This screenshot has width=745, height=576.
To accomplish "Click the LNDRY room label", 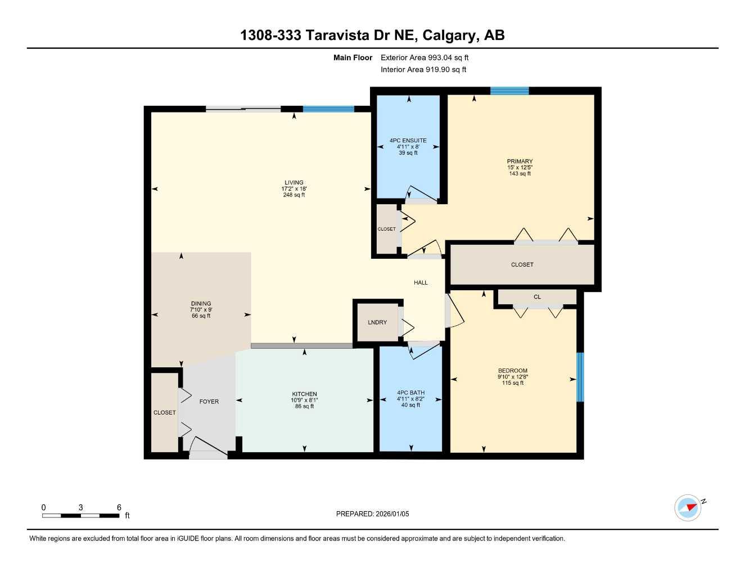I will pos(377,322).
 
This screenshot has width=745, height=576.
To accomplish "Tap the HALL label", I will pos(421,283).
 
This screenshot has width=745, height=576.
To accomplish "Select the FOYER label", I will pos(209,402).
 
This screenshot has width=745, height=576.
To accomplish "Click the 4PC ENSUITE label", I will pos(408,141).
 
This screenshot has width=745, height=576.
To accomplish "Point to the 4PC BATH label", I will pos(411,393).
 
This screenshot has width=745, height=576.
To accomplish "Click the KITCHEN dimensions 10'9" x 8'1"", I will pos(304,400).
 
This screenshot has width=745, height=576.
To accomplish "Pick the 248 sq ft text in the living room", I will pos(294,195).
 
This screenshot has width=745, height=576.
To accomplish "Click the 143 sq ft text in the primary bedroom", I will pos(520,174).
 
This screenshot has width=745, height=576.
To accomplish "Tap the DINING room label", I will pos(201,304).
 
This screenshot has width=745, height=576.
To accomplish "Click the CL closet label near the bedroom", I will pos(537,297).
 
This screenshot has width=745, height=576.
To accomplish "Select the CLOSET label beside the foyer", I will pos(165,413).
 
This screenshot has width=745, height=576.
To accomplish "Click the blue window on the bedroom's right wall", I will pos(580,377).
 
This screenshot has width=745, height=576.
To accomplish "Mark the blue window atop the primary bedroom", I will pos(509,91).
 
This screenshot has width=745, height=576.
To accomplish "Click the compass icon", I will pos(688,508).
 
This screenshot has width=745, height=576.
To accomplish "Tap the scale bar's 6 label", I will pos(119,507).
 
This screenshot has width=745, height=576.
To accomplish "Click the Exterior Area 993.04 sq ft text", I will pos(425,57).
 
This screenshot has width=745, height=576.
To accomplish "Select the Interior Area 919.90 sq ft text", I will pos(423,70).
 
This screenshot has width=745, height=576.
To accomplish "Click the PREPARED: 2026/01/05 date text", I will pos(373,514).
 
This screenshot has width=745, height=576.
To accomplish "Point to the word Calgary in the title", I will pos(448,35).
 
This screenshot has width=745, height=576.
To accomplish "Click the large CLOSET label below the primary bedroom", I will pos(522,264).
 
